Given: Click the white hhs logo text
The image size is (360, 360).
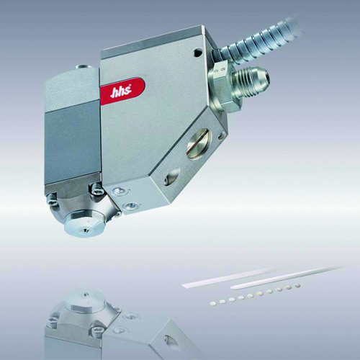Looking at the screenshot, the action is [x=120, y=92].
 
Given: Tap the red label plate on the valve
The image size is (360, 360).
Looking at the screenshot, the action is [x=122, y=91].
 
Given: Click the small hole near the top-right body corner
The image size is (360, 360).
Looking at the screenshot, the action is [x=197, y=52].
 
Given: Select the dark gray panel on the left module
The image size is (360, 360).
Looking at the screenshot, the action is [x=73, y=142].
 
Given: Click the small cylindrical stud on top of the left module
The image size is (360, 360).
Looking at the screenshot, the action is [x=84, y=67].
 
